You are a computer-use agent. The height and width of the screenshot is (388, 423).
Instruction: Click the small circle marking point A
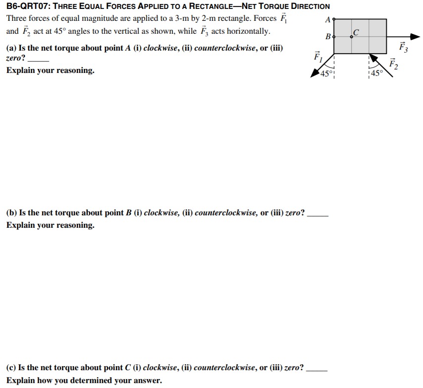pyautogui.click(x=334, y=19)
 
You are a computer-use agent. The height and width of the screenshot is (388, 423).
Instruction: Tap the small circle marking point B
pyautogui.click(x=334, y=37)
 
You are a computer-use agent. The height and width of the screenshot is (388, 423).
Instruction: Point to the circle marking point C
pyautogui.click(x=352, y=37)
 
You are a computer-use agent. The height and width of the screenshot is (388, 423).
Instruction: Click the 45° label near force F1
pyautogui.click(x=325, y=74)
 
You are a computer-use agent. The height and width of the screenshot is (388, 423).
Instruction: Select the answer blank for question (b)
pyautogui.click(x=317, y=213)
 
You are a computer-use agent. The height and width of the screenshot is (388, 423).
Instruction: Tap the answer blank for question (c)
pyautogui.click(x=317, y=368)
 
